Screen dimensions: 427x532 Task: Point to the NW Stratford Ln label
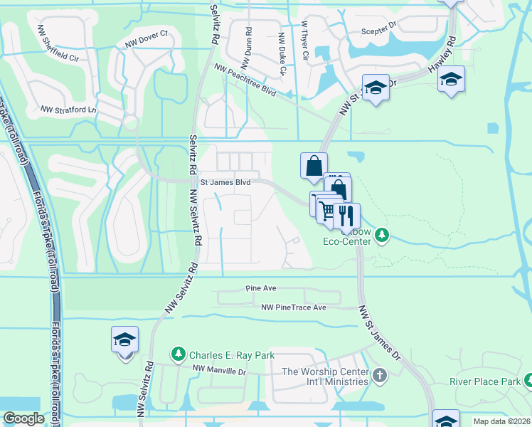tap(68, 110)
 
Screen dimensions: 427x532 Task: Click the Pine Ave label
tap(260, 289)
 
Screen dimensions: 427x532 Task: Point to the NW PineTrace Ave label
tap(293, 307)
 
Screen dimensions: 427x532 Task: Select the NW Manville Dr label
tap(218, 369)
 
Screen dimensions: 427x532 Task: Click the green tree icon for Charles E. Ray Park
tap(179, 354)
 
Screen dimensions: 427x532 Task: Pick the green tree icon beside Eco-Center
tap(382, 234)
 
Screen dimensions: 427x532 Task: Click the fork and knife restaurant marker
tap(347, 214)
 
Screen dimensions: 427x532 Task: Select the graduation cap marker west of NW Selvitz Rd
tap(124, 339)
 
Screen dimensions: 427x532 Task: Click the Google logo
tap(23, 418)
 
